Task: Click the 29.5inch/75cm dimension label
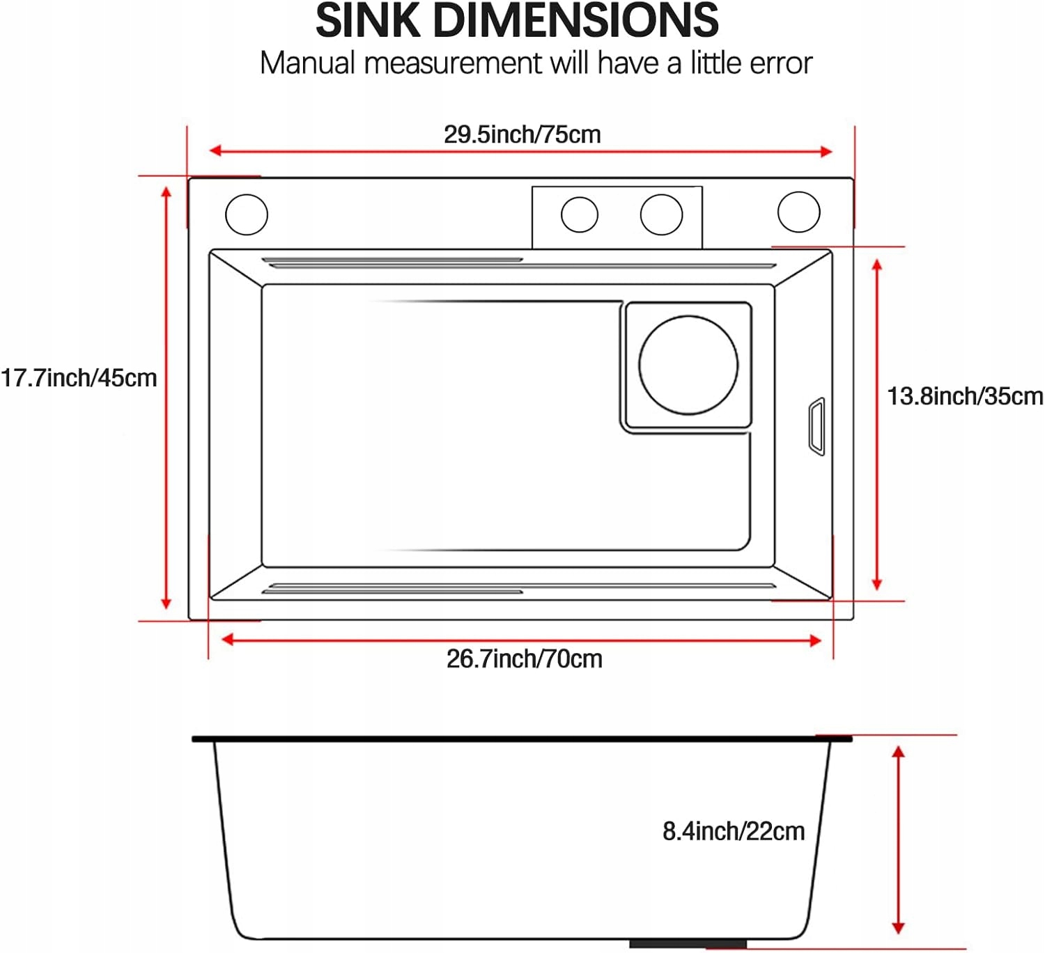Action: tap(522, 134)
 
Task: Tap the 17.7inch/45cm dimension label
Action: tap(79, 378)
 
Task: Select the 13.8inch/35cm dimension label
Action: tap(965, 396)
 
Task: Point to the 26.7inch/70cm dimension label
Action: tap(524, 659)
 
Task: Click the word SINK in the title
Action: tap(368, 20)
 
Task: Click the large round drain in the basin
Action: tap(688, 365)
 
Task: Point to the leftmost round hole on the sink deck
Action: tap(247, 214)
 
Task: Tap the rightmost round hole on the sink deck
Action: tap(798, 212)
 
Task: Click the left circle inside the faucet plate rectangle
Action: tap(580, 214)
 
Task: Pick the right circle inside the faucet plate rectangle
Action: tap(661, 214)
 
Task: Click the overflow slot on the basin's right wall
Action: tap(816, 427)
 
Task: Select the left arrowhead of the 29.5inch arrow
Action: tap(215, 150)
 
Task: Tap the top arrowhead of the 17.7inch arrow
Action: tap(167, 191)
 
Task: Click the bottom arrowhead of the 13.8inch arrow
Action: tap(876, 584)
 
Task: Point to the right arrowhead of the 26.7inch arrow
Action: tap(815, 640)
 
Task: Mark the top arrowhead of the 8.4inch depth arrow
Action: tap(899, 751)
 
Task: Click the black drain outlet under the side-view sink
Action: tap(688, 944)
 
